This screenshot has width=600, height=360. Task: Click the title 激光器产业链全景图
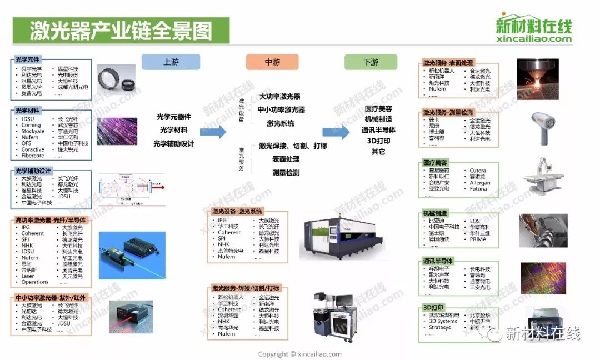pyautogui.click(x=121, y=30)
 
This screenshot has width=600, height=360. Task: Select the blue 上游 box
pyautogui.click(x=171, y=62)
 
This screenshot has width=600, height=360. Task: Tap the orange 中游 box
pyautogui.click(x=272, y=62)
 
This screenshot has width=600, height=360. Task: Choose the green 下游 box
pyautogui.click(x=371, y=62)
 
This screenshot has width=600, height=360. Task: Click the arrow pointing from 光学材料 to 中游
pyautogui.click(x=213, y=132)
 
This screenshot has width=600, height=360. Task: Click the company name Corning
pyautogui.click(x=31, y=125)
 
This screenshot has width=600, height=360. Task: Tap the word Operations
pyautogui.click(x=35, y=282)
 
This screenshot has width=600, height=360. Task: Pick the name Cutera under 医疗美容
pyautogui.click(x=478, y=171)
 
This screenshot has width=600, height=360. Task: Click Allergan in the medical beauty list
pyautogui.click(x=480, y=183)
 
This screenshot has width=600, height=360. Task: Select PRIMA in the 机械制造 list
pyautogui.click(x=478, y=239)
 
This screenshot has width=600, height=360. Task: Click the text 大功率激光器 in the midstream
pyautogui.click(x=279, y=97)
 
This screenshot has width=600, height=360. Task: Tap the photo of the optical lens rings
pyautogui.click(x=117, y=77)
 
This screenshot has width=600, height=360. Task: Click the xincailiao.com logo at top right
pyautogui.click(x=533, y=27)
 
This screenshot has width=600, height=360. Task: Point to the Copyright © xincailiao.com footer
pyautogui.click(x=300, y=354)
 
